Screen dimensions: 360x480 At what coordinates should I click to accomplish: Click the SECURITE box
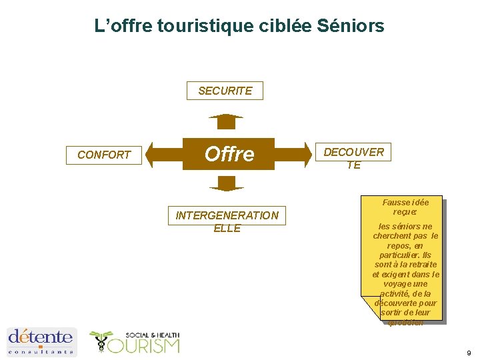point(225,91)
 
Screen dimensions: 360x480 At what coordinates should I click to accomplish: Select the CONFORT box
point(104,155)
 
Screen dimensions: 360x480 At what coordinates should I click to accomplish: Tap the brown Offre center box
point(229,154)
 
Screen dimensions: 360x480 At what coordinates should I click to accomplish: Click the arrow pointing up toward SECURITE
point(226,121)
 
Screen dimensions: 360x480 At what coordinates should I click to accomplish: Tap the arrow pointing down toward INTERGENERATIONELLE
point(226,183)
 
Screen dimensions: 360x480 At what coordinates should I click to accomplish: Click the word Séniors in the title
point(351,26)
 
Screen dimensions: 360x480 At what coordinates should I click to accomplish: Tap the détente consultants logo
point(41,341)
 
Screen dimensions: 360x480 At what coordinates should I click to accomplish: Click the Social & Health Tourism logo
point(135,342)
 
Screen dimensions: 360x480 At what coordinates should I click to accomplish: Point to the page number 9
point(468,353)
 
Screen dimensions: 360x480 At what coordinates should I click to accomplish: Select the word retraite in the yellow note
point(419,265)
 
